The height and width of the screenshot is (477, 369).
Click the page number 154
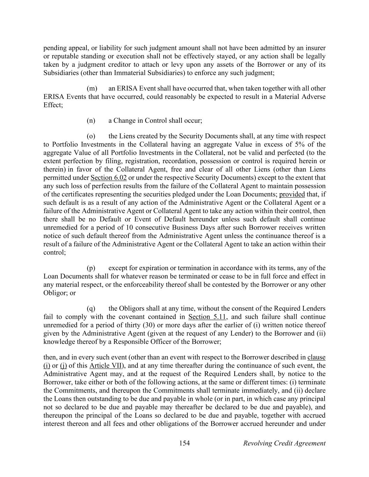pyautogui.click(x=184, y=443)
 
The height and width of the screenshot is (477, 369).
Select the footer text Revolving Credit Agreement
pyautogui.click(x=284, y=443)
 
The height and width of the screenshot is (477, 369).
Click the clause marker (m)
pyautogui.click(x=92, y=88)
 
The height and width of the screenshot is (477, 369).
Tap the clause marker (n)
pyautogui.click(x=91, y=121)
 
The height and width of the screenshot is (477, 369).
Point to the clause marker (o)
pyautogui.click(x=91, y=136)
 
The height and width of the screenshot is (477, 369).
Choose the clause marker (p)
pyautogui.click(x=91, y=268)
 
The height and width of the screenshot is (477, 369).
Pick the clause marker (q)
pyautogui.click(x=91, y=309)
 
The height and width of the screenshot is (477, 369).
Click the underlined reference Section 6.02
pyautogui.click(x=108, y=178)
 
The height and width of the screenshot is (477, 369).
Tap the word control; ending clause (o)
pyautogui.click(x=55, y=252)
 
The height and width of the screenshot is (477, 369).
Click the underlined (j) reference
pyautogui.click(x=63, y=366)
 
